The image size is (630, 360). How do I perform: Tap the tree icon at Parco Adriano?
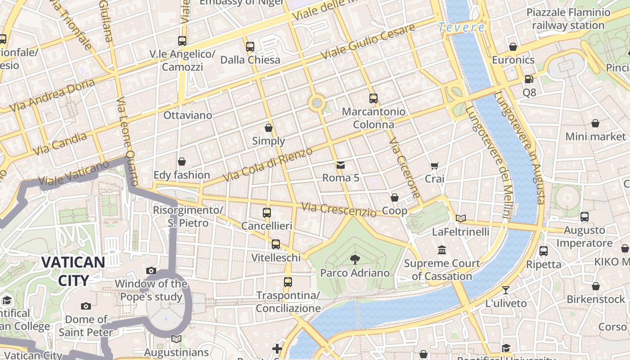[355, 259]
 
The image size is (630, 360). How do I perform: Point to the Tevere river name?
[462, 27]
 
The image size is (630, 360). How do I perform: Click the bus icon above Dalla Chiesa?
[250, 46]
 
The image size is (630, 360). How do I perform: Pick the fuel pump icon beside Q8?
[529, 79]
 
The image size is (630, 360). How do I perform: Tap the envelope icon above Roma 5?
[341, 165]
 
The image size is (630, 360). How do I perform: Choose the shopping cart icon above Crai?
[434, 166]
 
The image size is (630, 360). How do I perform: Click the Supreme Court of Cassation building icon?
[441, 250]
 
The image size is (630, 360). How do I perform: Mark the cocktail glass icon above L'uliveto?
[506, 290]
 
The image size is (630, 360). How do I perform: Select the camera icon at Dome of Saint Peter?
[86, 306]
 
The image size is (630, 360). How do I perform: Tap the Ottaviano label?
[188, 115]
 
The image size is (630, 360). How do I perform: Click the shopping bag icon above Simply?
[269, 128]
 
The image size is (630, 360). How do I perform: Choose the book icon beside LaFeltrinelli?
[461, 218]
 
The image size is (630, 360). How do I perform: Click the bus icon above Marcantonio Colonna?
[373, 99]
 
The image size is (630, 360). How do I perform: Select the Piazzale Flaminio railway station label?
[568, 19]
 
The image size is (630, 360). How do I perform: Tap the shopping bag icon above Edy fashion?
[182, 162]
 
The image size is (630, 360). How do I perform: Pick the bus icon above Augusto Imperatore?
[584, 217]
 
